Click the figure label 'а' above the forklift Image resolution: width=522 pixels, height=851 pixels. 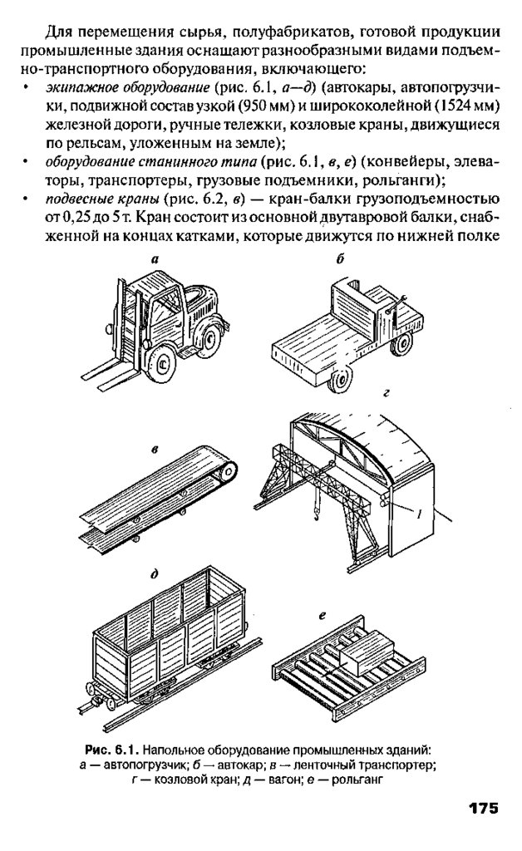[x=155, y=260]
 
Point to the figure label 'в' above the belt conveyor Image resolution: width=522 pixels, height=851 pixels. [x=155, y=450]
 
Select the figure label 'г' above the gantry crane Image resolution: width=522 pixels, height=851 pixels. [x=386, y=391]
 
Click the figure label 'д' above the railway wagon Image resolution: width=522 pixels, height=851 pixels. [x=155, y=573]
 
